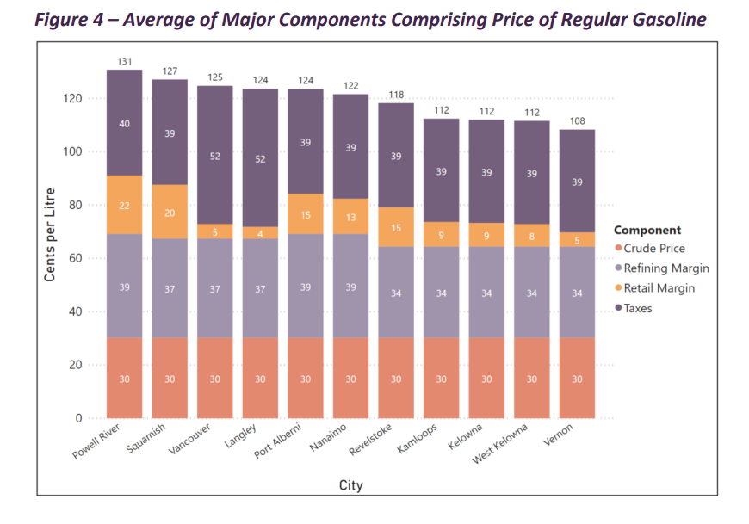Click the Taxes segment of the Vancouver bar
[215, 155]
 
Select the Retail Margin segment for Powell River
[125, 205]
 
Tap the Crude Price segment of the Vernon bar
[577, 379]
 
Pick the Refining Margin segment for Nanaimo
[350, 286]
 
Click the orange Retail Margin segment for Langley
[260, 233]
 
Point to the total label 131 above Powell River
[125, 61]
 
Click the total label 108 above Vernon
[577, 121]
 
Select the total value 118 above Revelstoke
[396, 95]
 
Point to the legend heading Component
[647, 231]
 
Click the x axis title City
[350, 486]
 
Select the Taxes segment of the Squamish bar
[170, 133]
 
